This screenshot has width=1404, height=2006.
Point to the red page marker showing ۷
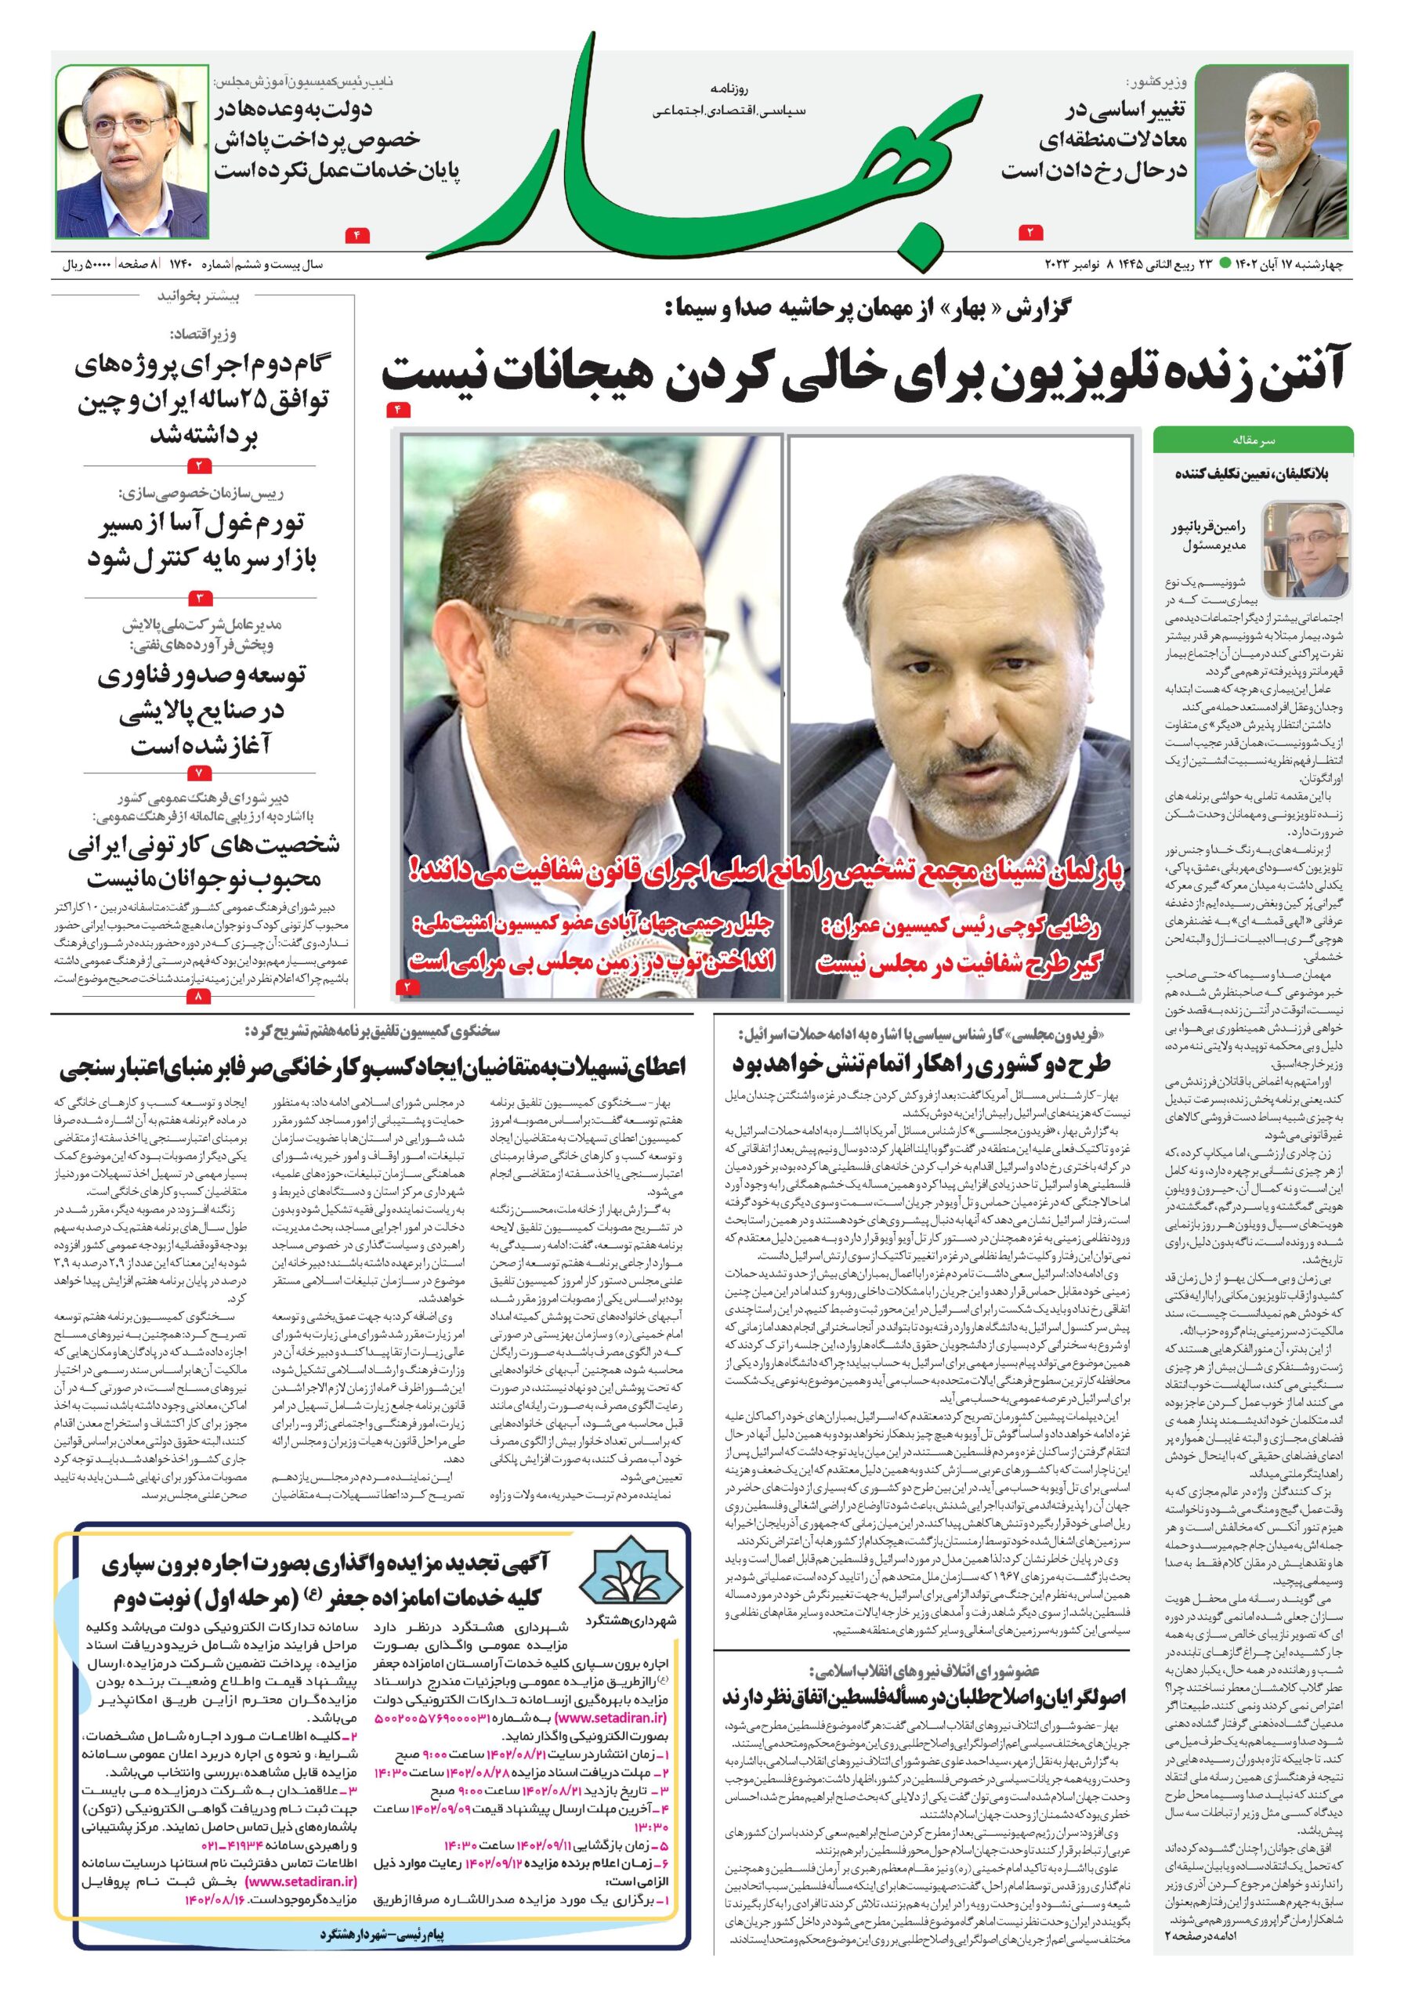(x=199, y=773)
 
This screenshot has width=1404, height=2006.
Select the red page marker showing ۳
(x=199, y=599)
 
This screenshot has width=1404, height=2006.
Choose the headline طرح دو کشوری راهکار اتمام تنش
(x=921, y=1063)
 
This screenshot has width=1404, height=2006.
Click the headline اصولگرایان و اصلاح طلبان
(x=924, y=1696)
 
